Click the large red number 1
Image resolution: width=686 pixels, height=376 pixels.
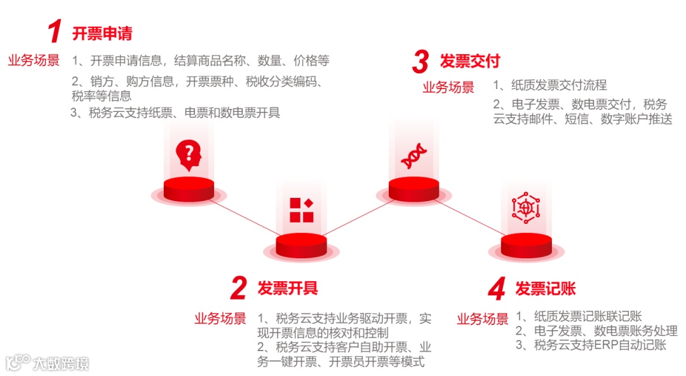[55, 32]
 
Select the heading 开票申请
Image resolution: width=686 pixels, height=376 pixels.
[102, 33]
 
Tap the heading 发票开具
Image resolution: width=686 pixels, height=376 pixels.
[288, 288]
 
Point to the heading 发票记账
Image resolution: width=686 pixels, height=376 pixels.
[546, 288]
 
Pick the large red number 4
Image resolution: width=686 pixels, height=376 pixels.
[497, 289]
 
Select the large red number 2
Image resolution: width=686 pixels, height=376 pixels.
[238, 289]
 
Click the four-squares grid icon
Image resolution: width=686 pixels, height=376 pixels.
[302, 210]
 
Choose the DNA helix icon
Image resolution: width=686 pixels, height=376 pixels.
[414, 156]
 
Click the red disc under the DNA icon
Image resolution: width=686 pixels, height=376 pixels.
[414, 188]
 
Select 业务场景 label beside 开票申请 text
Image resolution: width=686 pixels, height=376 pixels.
[34, 60]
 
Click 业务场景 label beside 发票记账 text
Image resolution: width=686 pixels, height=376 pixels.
[483, 319]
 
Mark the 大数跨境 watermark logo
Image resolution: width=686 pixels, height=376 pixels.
[48, 363]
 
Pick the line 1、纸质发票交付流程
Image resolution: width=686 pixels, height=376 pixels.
[550, 85]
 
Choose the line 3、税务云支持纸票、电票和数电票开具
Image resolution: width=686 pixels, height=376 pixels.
[175, 113]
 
